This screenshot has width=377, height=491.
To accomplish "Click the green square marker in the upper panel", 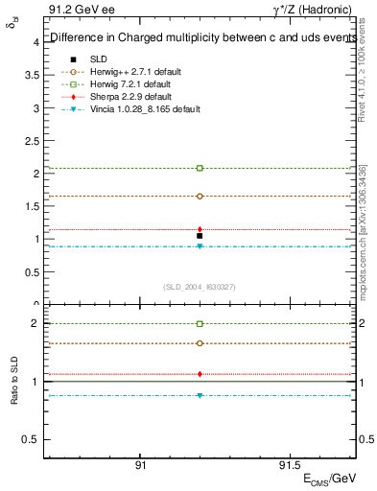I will point(200,168).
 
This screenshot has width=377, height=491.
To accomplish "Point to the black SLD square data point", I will point(200,236).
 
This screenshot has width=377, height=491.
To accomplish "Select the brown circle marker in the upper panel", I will point(200,196).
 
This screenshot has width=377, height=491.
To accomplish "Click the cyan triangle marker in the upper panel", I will point(200,246).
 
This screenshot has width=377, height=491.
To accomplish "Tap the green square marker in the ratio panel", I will point(200,324).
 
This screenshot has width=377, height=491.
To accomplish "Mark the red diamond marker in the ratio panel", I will point(200,374).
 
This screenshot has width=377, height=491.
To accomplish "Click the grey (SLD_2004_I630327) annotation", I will point(200,287).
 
